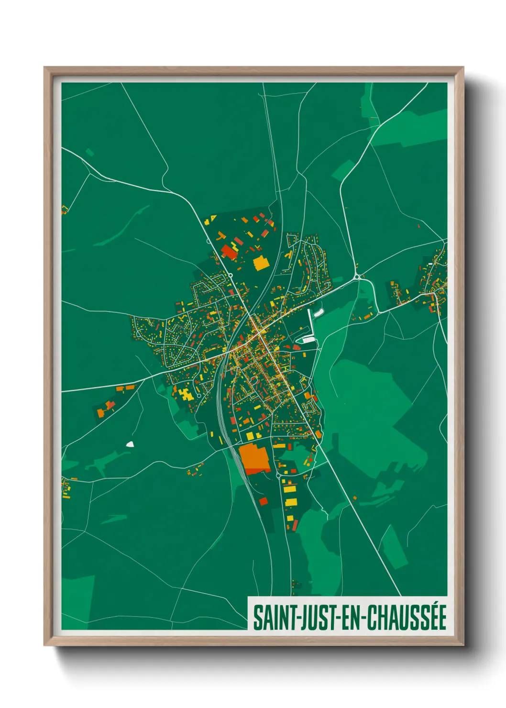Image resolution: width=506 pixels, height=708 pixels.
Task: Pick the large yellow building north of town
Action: click(261, 263)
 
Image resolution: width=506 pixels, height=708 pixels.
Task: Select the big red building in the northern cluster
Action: click(229, 252)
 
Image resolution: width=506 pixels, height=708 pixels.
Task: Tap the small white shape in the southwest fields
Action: click(130, 444)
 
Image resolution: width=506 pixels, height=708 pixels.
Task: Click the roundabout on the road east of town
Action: click(357, 277)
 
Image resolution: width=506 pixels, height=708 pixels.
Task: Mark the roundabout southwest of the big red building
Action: click(230, 275)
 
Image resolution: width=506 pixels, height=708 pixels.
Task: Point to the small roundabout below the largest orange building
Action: click(278, 476)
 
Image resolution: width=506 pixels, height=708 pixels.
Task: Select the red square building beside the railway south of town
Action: click(263, 501)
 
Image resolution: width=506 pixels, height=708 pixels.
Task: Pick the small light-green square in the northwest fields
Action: click(89, 153)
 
